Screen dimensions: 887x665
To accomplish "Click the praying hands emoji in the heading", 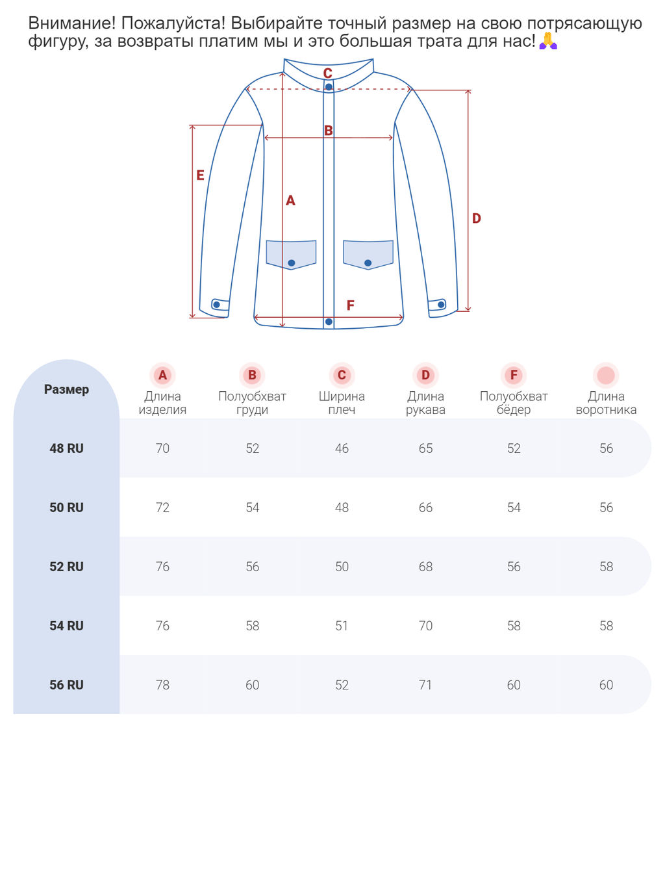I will click(x=548, y=41).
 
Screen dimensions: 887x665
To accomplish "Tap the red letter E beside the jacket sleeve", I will click(x=200, y=175).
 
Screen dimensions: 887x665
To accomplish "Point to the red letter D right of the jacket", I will click(x=477, y=218).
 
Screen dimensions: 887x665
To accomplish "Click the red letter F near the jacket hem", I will click(x=351, y=305).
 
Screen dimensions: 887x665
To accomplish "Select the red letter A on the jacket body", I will click(x=290, y=201).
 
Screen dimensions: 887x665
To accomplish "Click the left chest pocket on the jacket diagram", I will click(x=291, y=254).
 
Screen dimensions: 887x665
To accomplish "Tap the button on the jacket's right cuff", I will click(x=442, y=304).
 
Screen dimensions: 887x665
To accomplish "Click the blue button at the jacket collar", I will click(x=329, y=87).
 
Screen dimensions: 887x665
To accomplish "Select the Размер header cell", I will click(x=66, y=389).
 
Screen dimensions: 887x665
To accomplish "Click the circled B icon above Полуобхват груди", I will click(x=252, y=375).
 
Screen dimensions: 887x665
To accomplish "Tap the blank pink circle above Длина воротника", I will click(x=606, y=375).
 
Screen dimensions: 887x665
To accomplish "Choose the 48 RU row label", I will click(x=66, y=448).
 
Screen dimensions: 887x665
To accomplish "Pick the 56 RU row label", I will click(x=66, y=685).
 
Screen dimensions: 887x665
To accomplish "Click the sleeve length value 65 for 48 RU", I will click(x=425, y=448).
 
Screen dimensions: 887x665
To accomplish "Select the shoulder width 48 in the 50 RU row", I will click(x=342, y=508).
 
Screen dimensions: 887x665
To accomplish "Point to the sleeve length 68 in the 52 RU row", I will click(x=425, y=567).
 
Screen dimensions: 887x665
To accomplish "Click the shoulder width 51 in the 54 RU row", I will click(x=342, y=626).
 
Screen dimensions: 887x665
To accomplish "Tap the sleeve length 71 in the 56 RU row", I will click(x=425, y=685).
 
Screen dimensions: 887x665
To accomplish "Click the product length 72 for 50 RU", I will click(x=162, y=508).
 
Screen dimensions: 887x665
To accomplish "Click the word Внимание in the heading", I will click(x=72, y=23).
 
